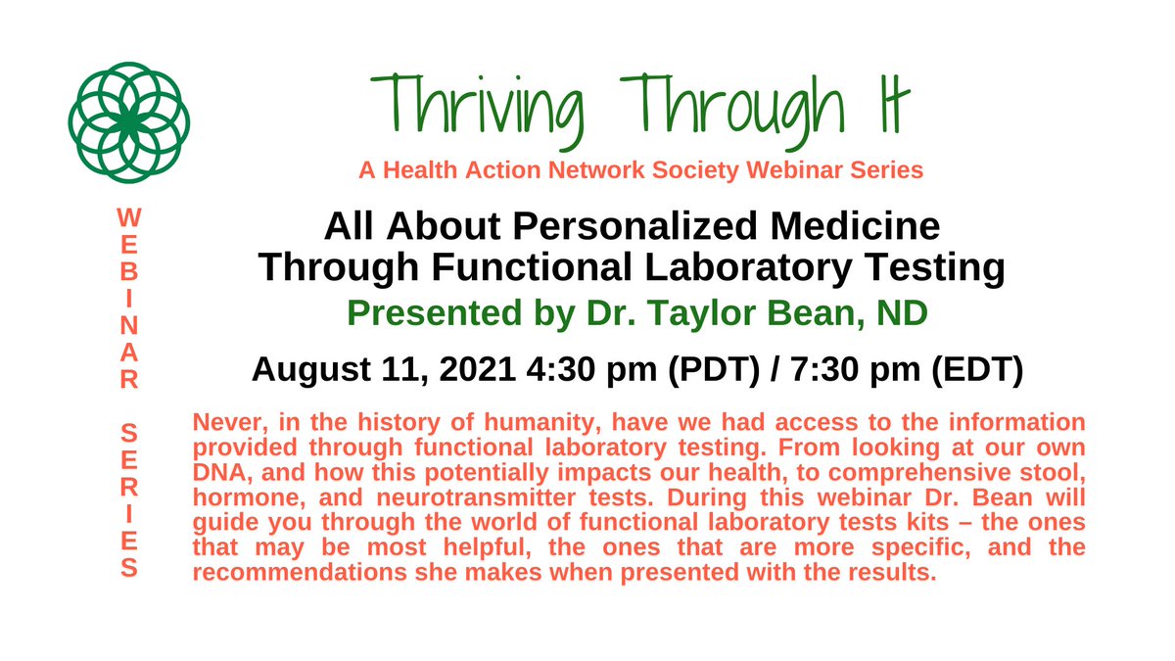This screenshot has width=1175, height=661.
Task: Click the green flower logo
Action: [x=128, y=122]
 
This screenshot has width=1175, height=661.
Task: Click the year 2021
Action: [x=468, y=371]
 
